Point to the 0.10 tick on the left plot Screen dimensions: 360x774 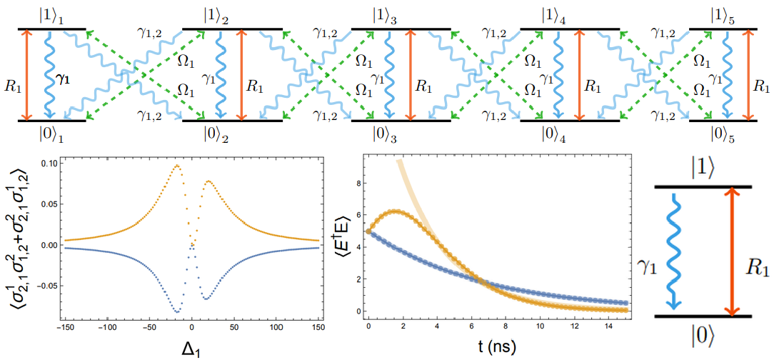(49, 163)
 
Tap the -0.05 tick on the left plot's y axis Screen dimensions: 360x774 (46, 286)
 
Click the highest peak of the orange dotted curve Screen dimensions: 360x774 (176, 166)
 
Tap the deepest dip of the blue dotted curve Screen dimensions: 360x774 (177, 311)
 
